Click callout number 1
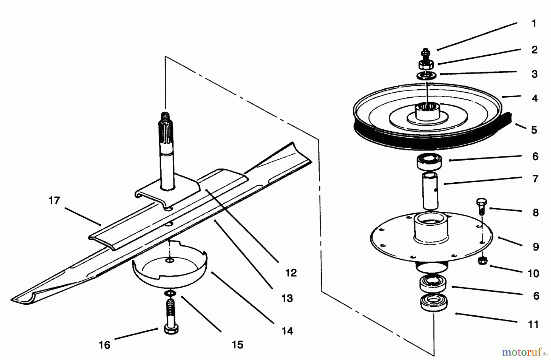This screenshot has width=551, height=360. pyautogui.click(x=534, y=24)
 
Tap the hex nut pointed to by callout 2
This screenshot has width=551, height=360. pyautogui.click(x=425, y=65)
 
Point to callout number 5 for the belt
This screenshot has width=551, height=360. pyautogui.click(x=534, y=130)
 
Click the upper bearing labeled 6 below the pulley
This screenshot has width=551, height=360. pyautogui.click(x=429, y=161)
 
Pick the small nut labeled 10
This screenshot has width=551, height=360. pyautogui.click(x=482, y=261)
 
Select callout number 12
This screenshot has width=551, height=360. pyautogui.click(x=291, y=273)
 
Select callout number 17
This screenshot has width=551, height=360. pyautogui.click(x=54, y=201)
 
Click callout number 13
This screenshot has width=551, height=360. pyautogui.click(x=287, y=298)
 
